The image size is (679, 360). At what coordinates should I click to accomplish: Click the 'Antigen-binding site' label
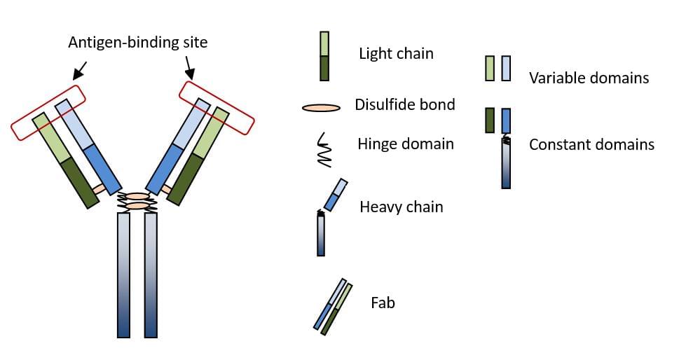pyautogui.click(x=138, y=43)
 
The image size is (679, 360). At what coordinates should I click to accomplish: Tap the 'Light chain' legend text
pyautogui.click(x=396, y=54)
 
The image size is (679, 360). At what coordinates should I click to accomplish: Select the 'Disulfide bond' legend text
pyautogui.click(x=405, y=105)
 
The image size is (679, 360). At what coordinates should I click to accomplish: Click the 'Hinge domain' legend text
pyautogui.click(x=406, y=144)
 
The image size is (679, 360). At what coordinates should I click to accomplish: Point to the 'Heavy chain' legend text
pyautogui.click(x=401, y=207)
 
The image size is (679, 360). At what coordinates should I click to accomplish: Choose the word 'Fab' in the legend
pyautogui.click(x=383, y=303)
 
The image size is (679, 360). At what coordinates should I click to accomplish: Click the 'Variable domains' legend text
pyautogui.click(x=589, y=78)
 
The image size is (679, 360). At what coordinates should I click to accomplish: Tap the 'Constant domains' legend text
pyautogui.click(x=591, y=145)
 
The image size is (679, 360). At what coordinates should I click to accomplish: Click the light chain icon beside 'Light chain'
pyautogui.click(x=324, y=55)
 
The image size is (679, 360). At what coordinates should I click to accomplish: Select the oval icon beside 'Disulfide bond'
pyautogui.click(x=321, y=108)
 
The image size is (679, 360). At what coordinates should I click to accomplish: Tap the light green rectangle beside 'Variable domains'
pyautogui.click(x=491, y=68)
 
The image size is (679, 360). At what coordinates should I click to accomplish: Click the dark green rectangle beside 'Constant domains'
pyautogui.click(x=491, y=120)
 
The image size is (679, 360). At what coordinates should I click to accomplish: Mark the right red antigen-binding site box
pyautogui.click(x=217, y=107)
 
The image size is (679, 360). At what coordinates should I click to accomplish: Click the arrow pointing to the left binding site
pyautogui.click(x=79, y=69)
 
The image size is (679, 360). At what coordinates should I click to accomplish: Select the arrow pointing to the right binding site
pyautogui.click(x=188, y=67)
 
